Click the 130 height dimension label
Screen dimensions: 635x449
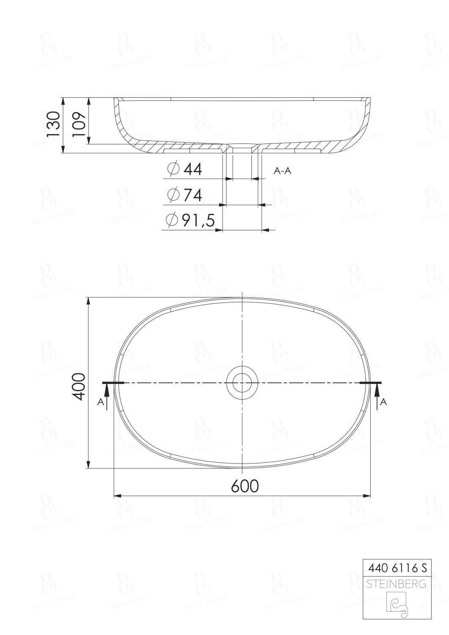[53, 124]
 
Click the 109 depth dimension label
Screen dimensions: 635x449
[79, 124]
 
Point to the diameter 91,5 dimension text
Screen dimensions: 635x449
[198, 220]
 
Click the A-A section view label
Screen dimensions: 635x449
[283, 171]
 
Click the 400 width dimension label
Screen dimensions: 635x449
[79, 386]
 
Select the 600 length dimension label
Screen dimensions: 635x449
[245, 486]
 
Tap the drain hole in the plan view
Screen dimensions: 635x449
[242, 382]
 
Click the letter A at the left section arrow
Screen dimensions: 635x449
[101, 402]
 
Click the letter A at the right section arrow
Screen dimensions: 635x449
[383, 402]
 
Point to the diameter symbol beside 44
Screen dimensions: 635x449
[173, 169]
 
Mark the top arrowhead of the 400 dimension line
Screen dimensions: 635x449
[88, 301]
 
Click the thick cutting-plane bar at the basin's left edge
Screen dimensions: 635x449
[113, 383]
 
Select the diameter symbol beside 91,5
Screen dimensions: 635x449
[171, 220]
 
